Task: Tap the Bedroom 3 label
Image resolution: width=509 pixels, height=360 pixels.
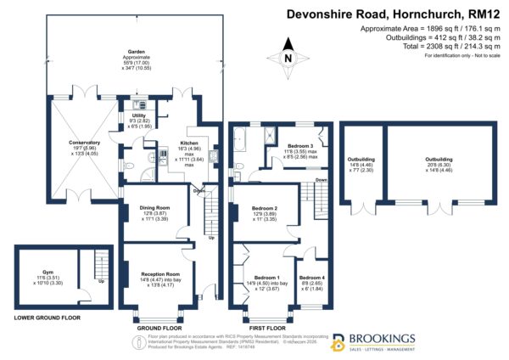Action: point(300,146)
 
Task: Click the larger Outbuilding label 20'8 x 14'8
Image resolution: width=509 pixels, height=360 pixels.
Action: point(439,158)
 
